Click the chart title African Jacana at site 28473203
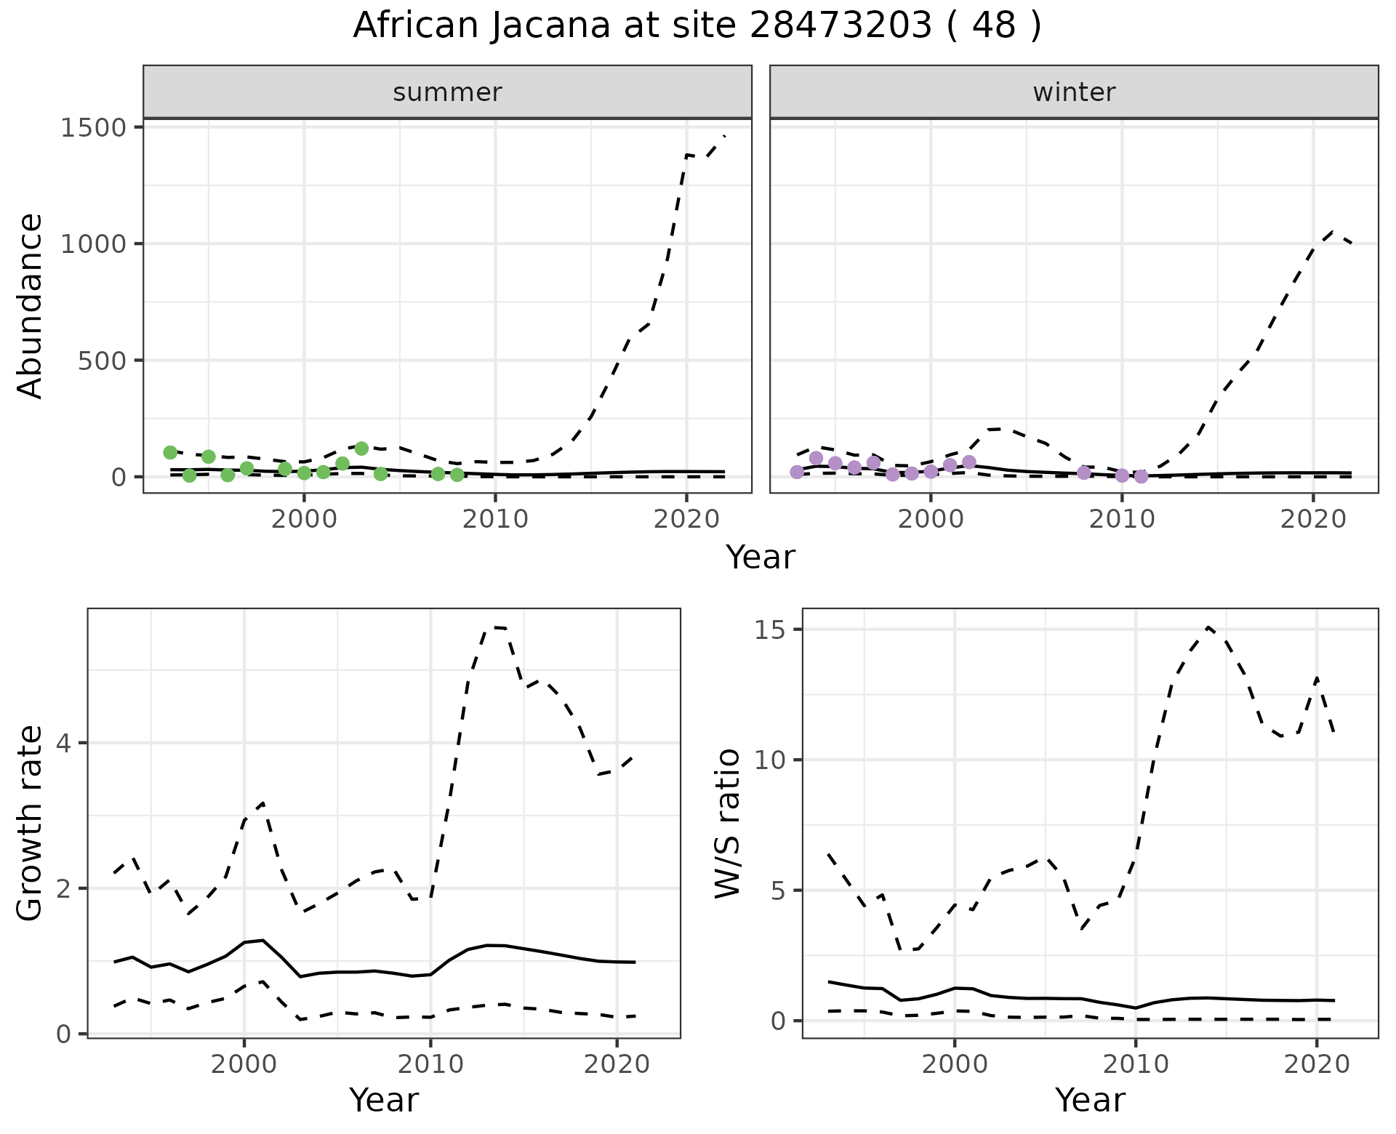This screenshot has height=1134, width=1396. [697, 26]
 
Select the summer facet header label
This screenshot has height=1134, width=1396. [447, 92]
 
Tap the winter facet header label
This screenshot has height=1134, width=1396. [1074, 92]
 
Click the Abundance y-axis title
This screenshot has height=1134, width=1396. [31, 305]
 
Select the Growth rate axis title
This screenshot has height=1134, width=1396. [31, 823]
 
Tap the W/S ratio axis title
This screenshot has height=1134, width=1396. [727, 823]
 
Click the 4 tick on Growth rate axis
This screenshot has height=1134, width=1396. [71, 743]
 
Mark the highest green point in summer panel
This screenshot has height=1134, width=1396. [361, 449]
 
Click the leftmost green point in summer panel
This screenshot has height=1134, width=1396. [170, 453]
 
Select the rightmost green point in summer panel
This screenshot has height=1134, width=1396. [457, 475]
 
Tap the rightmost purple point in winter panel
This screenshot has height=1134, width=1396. [1141, 476]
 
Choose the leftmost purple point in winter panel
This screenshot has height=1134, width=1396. [797, 472]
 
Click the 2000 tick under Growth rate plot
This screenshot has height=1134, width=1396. [244, 1065]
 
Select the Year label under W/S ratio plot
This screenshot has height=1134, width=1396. [1090, 1100]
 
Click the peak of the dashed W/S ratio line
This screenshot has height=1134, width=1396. [1208, 627]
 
